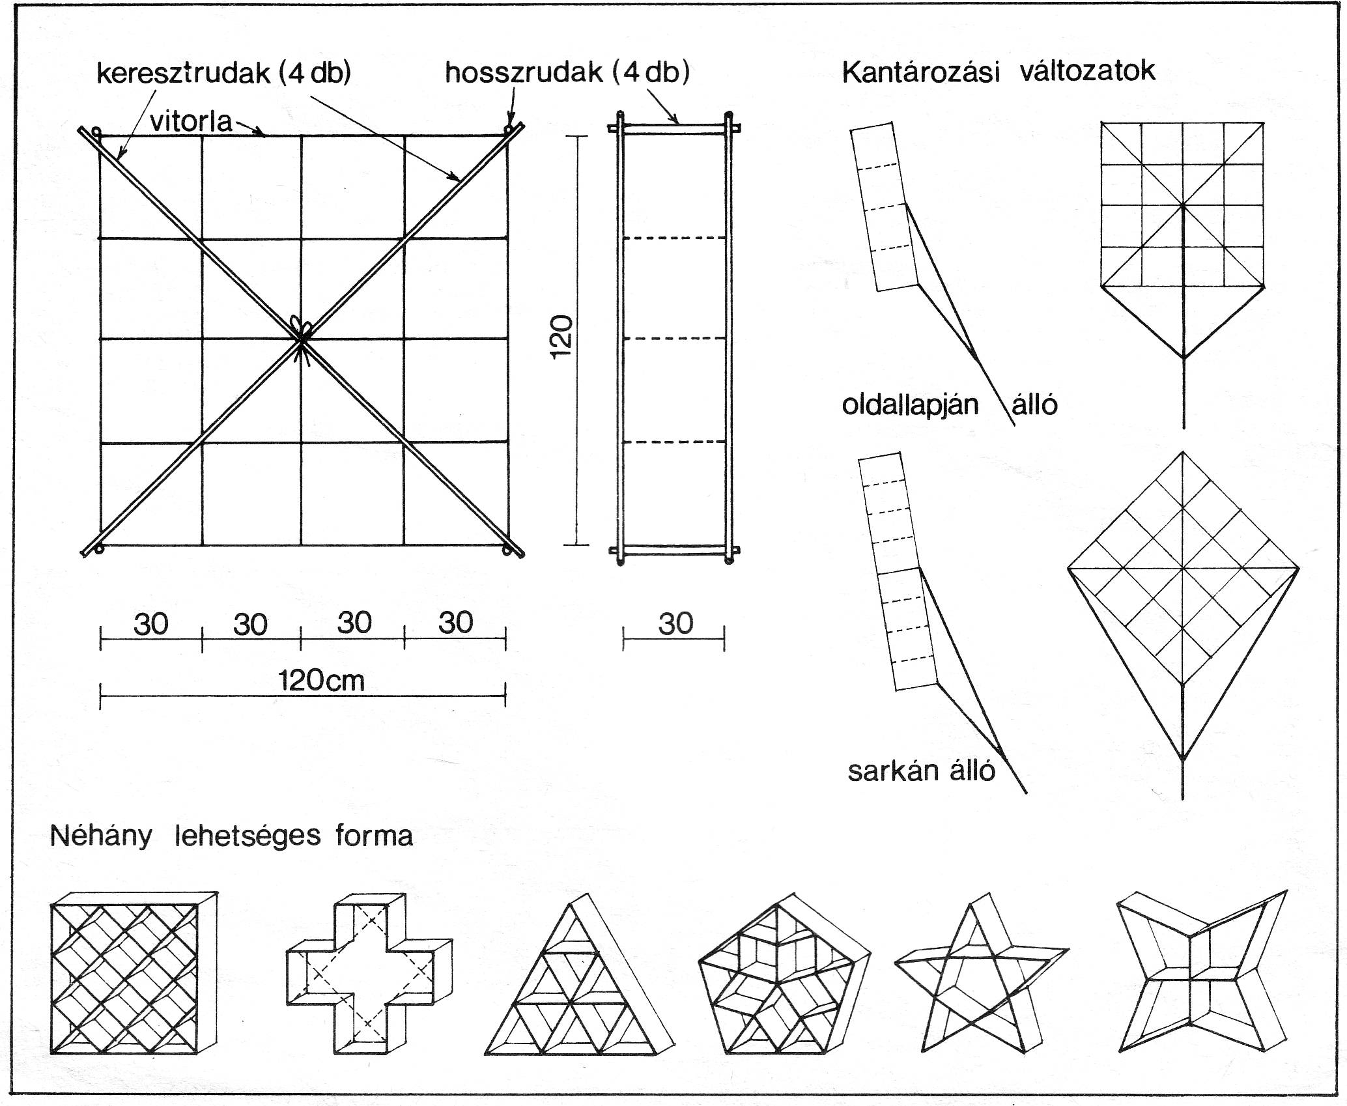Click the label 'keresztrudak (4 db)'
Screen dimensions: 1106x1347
click(x=223, y=73)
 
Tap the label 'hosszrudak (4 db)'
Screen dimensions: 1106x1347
click(x=567, y=73)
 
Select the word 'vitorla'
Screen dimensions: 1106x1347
click(x=191, y=122)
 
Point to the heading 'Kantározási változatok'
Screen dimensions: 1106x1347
click(x=998, y=71)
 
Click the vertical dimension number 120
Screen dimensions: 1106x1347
click(x=561, y=336)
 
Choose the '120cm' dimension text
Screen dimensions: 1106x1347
click(x=321, y=681)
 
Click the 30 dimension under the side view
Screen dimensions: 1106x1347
click(x=675, y=624)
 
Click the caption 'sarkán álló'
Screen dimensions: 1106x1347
click(x=921, y=771)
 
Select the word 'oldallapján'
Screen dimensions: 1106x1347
click(x=910, y=405)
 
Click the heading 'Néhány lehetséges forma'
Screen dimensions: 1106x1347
click(x=231, y=836)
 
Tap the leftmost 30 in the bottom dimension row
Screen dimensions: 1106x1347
click(x=150, y=624)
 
